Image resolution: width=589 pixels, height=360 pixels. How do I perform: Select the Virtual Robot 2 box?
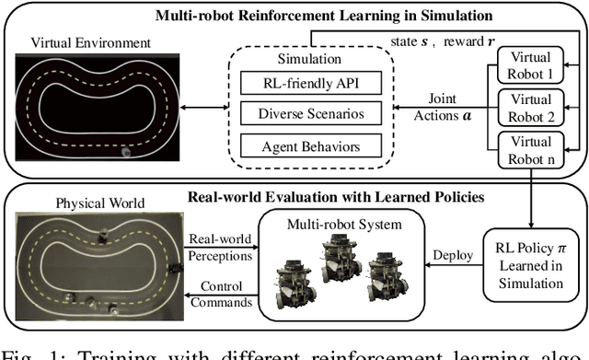(x=531, y=107)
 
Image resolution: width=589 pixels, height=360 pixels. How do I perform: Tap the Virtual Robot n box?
(x=531, y=149)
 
